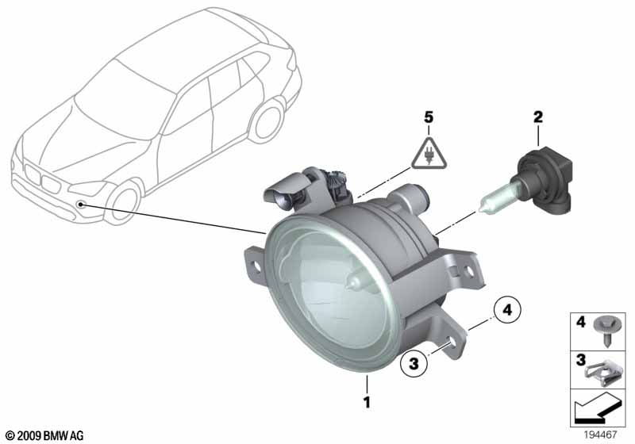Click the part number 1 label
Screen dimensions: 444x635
tap(367, 403)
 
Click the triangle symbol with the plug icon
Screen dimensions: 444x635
tap(429, 155)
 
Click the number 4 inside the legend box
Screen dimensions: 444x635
tap(580, 323)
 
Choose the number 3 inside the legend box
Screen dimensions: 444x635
tap(580, 361)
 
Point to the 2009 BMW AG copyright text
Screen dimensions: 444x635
tap(44, 435)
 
